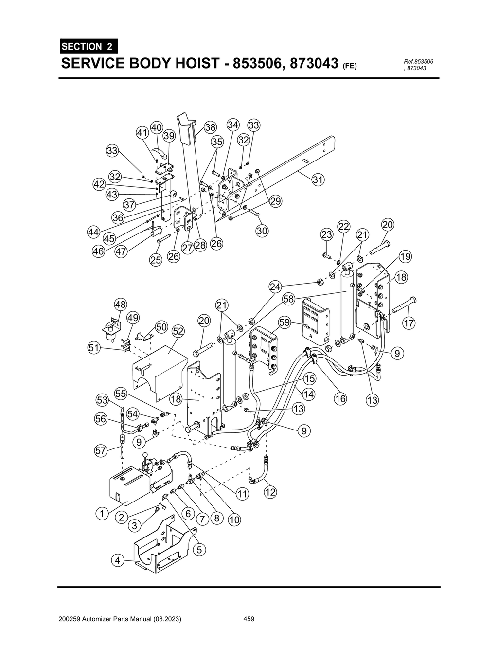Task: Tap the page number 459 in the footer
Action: [249, 619]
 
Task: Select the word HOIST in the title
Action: [184, 64]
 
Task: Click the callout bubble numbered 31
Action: [318, 179]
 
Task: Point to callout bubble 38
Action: [210, 127]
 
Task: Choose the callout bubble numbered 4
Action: [117, 560]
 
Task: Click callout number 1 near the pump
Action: [102, 513]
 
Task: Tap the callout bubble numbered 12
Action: [270, 492]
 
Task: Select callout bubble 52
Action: [178, 331]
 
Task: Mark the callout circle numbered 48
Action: [120, 305]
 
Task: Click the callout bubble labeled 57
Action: [101, 450]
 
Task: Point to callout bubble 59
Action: [285, 322]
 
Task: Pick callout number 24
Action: [276, 287]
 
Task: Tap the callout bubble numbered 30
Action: [262, 231]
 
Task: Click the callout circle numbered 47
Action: [121, 251]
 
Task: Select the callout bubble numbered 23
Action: [327, 234]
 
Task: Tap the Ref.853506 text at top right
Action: [418, 61]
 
